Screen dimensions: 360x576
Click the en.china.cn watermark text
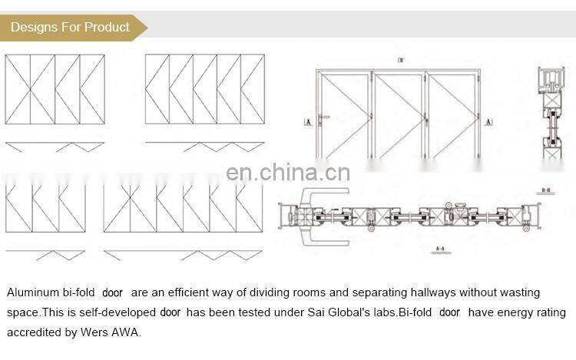[x=288, y=172]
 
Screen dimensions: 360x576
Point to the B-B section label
[x=546, y=190]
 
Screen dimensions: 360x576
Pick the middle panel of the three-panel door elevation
[x=399, y=115]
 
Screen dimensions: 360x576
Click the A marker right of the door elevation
[x=488, y=121]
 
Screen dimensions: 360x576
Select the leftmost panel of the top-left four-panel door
[x=18, y=89]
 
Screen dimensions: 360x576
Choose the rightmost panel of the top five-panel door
[x=253, y=89]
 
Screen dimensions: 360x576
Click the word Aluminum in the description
[x=31, y=292]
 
